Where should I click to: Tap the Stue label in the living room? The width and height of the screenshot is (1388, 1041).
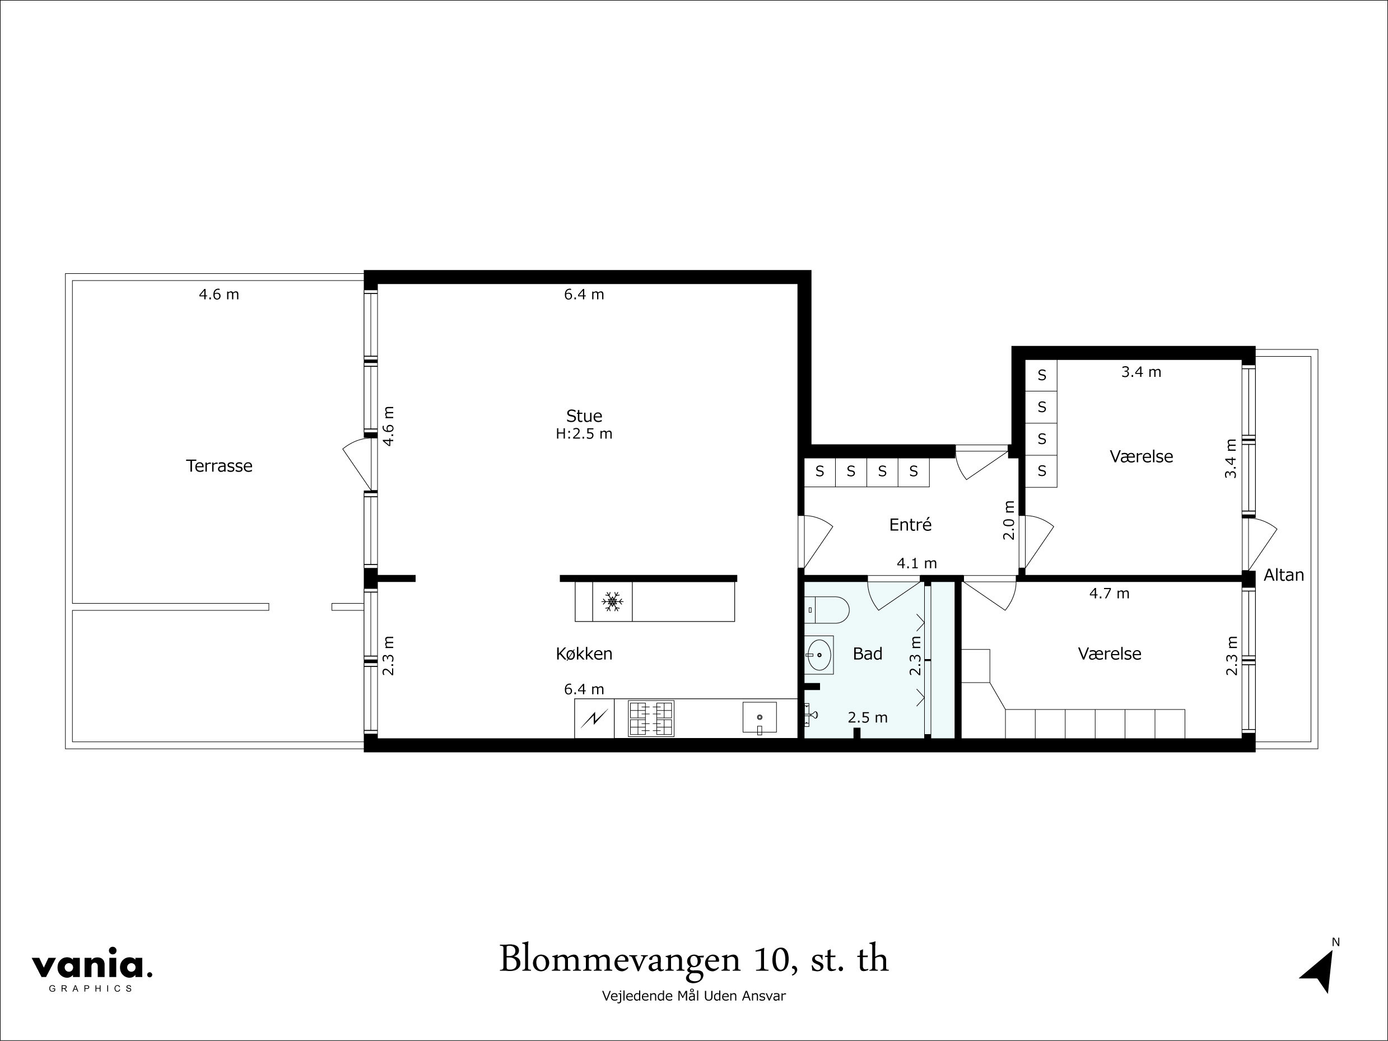click(x=584, y=416)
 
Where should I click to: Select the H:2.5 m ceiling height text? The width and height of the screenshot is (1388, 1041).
click(x=584, y=433)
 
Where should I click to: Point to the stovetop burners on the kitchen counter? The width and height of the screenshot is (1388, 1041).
click(x=651, y=718)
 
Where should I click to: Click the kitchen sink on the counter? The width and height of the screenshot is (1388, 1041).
click(x=760, y=717)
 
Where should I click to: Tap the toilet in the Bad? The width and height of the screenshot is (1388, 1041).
click(x=828, y=609)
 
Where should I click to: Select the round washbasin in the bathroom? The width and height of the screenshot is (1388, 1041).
click(x=819, y=655)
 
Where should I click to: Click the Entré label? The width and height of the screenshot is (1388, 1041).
click(x=910, y=525)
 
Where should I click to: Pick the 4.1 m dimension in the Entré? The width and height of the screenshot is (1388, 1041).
click(x=916, y=563)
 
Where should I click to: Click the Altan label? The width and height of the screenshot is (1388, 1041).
click(x=1283, y=575)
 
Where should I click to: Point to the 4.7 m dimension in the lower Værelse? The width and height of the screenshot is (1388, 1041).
click(x=1108, y=594)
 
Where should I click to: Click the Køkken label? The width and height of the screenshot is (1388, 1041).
click(x=584, y=654)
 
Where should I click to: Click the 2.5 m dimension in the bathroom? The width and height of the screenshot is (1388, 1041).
click(x=867, y=718)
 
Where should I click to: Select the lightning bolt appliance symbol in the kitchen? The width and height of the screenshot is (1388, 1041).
click(x=594, y=718)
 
